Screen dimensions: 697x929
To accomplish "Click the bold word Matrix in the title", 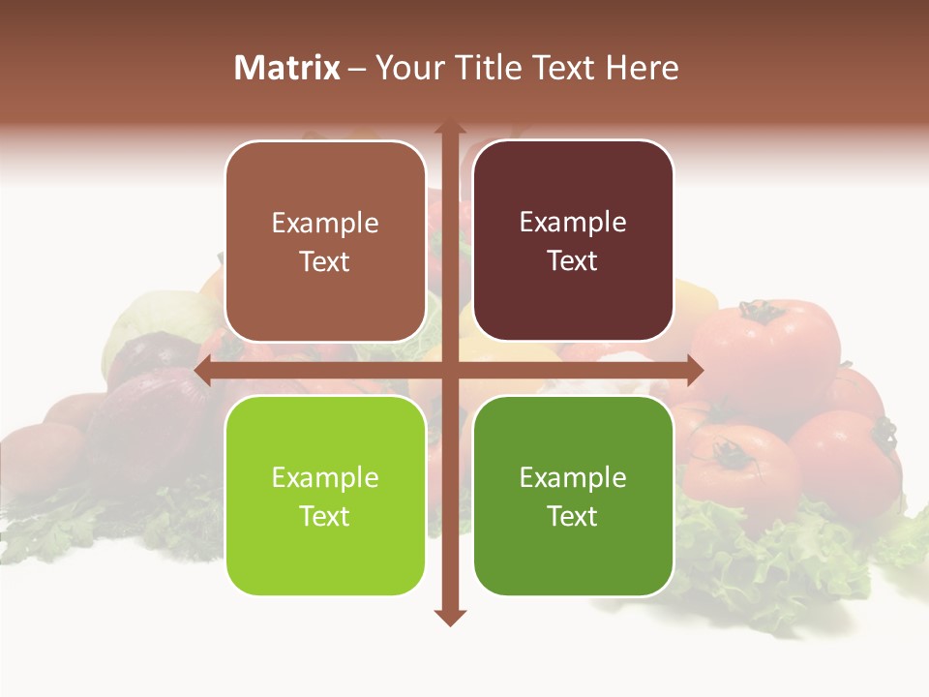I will [286, 68].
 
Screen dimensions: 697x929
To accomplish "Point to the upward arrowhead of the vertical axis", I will [450, 129].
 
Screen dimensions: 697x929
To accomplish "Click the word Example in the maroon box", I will [573, 222].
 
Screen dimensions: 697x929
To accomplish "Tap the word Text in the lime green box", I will [325, 516].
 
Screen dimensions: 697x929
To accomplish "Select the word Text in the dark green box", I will [573, 516].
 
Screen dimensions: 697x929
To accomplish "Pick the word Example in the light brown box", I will [325, 223].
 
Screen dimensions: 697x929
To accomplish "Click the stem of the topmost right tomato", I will [761, 311].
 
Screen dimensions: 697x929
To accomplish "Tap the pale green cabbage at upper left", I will [155, 319].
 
